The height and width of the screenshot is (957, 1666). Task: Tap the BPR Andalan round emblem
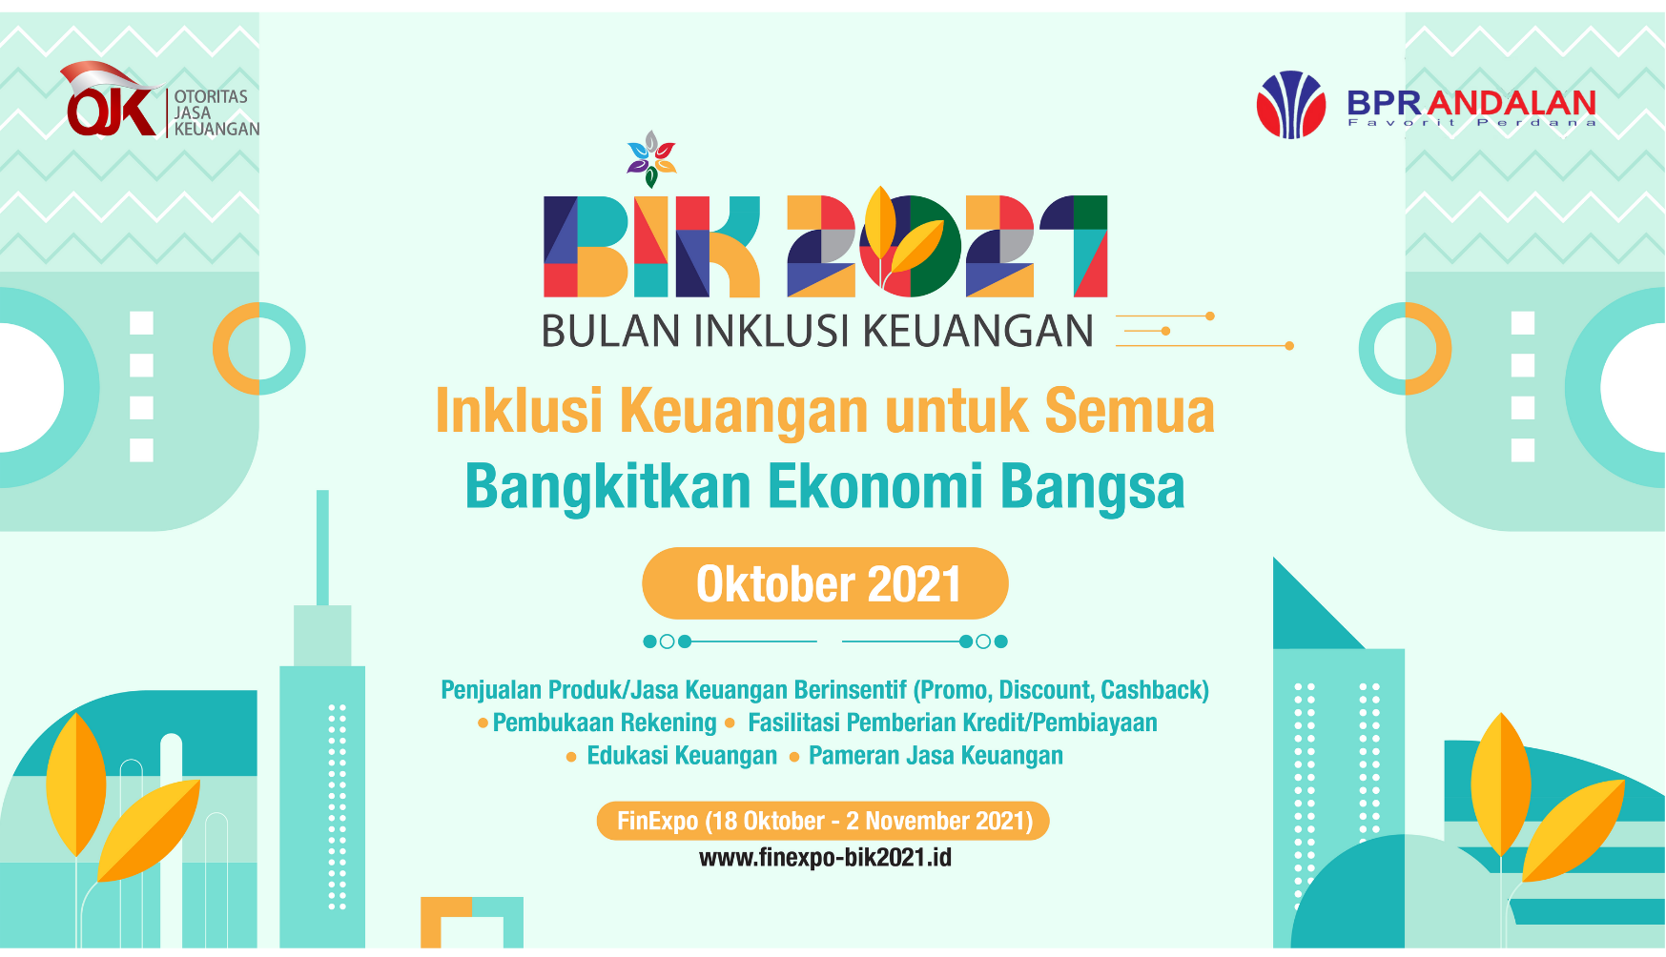[1291, 105]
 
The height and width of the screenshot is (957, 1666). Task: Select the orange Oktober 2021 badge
[825, 583]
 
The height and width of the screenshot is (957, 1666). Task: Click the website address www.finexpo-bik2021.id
[825, 858]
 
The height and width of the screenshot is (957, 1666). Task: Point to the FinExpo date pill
[823, 821]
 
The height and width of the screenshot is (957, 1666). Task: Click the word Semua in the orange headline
[1129, 411]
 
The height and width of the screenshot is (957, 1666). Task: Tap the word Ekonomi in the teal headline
[874, 487]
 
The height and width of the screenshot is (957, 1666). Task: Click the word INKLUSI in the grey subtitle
[771, 332]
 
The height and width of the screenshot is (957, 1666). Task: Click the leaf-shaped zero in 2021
[911, 246]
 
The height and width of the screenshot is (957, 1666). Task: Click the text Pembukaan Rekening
[605, 723]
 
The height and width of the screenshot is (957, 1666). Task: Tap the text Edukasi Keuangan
[682, 756]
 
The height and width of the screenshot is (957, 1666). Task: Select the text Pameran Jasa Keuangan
[936, 756]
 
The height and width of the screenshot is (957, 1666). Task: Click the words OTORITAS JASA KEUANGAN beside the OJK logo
[216, 112]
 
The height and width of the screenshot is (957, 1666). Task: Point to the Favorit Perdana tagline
[1471, 123]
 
